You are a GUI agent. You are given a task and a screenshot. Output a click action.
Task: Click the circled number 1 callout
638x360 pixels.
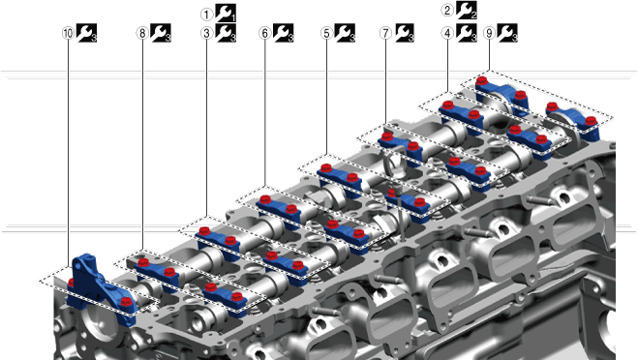pos(207,15)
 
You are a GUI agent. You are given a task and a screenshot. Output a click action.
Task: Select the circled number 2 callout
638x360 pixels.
pos(447,11)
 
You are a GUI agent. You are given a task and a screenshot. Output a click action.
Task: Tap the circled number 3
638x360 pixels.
pos(207,33)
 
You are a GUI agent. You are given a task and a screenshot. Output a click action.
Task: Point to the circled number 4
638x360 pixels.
pos(447,33)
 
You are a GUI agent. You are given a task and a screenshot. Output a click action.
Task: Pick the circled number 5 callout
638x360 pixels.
pos(326,33)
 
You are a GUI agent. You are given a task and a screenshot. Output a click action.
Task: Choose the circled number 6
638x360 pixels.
pos(265,33)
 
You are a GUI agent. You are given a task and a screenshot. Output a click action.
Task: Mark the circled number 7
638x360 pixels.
pos(385,33)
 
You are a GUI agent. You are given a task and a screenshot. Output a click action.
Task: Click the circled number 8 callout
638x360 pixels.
pos(142,33)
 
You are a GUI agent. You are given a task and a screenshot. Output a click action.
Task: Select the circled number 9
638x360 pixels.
pos(490,33)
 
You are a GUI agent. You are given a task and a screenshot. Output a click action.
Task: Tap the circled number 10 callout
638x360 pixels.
pos(68,33)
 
